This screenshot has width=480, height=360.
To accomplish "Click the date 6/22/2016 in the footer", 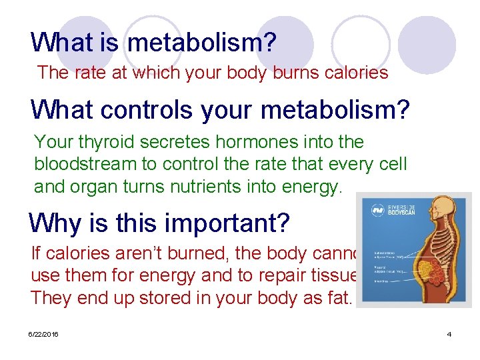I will (43, 334).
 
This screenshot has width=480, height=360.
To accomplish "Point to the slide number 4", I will (449, 334).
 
